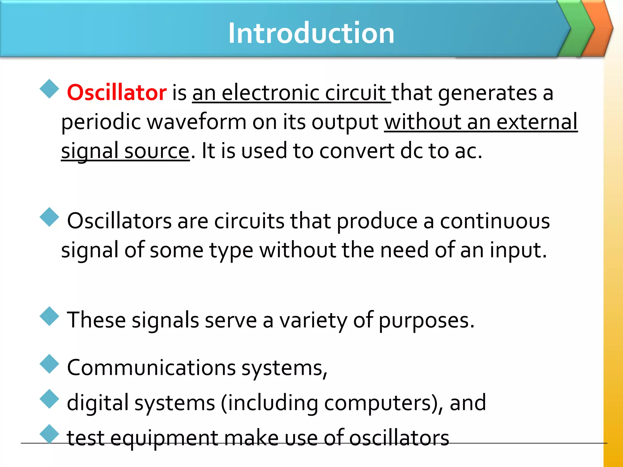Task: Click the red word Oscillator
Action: tap(117, 92)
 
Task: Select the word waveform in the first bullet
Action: tap(197, 122)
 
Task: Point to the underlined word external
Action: tap(537, 122)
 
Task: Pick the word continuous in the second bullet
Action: tap(495, 221)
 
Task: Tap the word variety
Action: tap(313, 320)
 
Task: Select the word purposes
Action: tap(426, 320)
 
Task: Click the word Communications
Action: tap(151, 367)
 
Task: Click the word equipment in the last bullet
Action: tap(164, 438)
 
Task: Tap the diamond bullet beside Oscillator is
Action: tap(49, 89)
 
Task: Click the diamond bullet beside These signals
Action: tap(49, 316)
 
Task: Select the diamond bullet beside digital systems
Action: tap(49, 399)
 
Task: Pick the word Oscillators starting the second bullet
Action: tap(119, 221)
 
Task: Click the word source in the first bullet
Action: tap(157, 151)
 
